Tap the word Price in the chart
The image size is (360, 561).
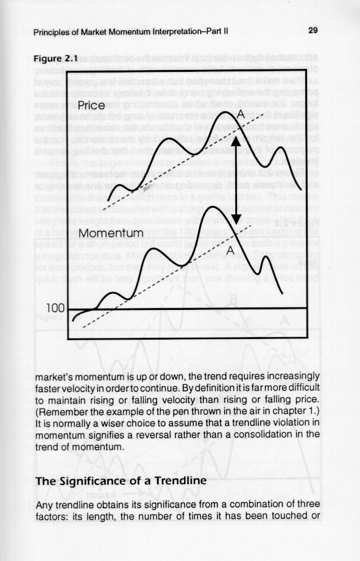[91, 106]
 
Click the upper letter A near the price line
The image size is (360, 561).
[241, 113]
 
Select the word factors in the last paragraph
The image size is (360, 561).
[50, 515]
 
